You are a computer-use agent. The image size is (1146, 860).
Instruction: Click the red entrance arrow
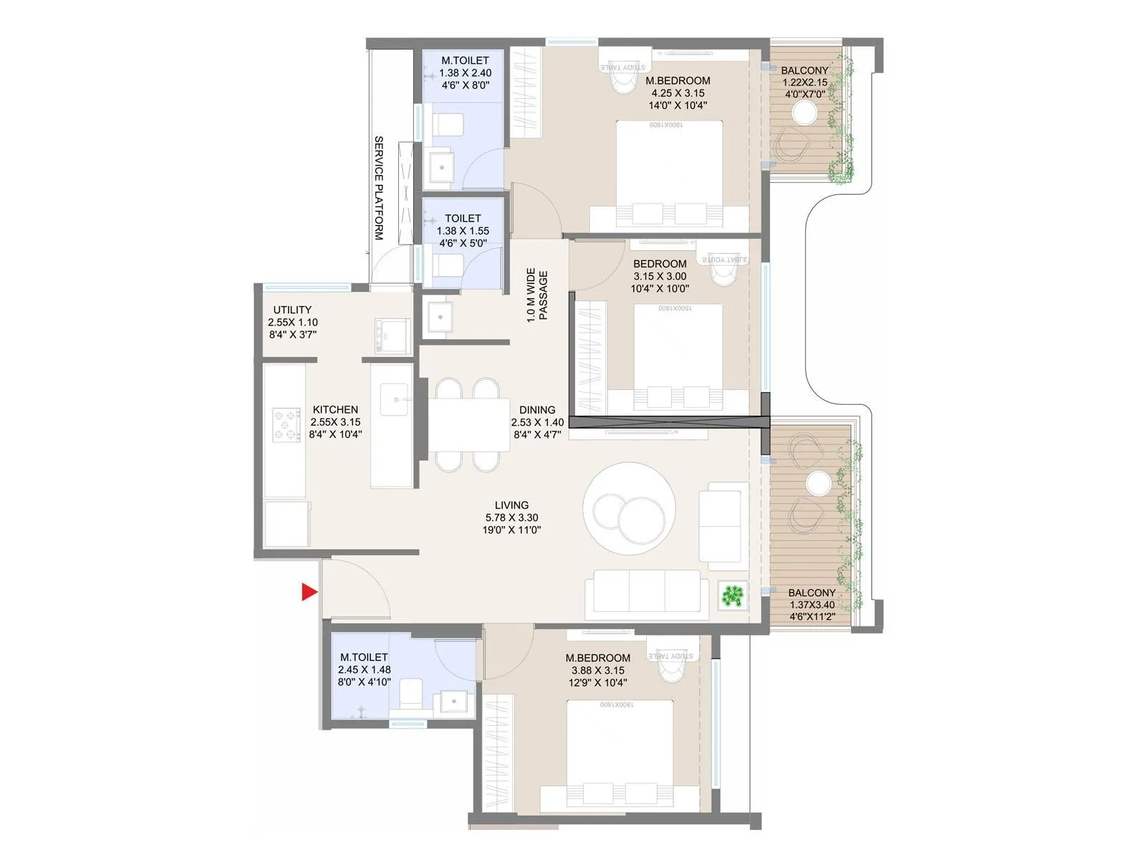[x=309, y=592]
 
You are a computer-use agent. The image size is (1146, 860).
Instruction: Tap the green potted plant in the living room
[x=733, y=596]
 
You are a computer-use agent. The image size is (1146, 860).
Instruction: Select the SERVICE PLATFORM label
[x=379, y=188]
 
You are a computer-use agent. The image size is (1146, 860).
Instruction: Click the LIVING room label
[x=511, y=505]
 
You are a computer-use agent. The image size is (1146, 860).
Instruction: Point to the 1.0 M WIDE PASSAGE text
[x=537, y=295]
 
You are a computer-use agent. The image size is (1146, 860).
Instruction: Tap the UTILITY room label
[x=292, y=310]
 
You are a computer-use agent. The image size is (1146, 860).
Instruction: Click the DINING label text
[x=537, y=410]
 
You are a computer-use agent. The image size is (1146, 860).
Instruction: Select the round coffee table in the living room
[x=629, y=508]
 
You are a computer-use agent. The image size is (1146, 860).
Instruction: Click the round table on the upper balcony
[x=804, y=113]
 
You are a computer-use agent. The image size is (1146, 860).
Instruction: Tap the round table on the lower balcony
[x=818, y=484]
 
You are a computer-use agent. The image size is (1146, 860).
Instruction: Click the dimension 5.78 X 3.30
[x=511, y=517]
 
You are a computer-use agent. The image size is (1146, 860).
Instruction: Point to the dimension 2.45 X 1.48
[x=364, y=669]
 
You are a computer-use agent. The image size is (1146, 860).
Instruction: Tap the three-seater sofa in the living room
[x=642, y=593]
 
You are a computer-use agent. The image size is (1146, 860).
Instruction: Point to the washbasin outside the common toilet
[x=439, y=315]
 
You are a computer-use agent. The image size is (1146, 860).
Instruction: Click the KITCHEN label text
[x=335, y=410]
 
